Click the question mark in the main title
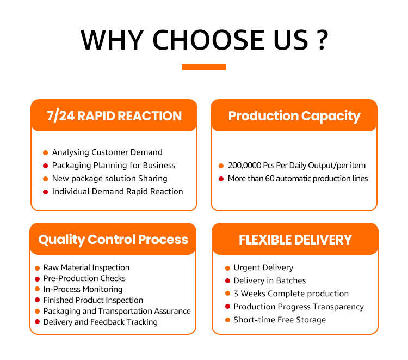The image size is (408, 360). click(x=322, y=40)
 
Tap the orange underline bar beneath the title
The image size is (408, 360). click(x=204, y=67)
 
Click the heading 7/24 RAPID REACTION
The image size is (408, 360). click(x=114, y=116)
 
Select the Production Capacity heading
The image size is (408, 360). click(x=294, y=116)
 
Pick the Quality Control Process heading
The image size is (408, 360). click(x=113, y=240)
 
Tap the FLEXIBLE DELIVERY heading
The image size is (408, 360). click(x=295, y=240)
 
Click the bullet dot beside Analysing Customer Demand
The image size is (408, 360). click(x=45, y=152)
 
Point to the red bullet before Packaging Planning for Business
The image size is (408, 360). click(x=45, y=166)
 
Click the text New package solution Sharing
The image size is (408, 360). click(x=109, y=179)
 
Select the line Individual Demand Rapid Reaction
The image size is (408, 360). click(x=118, y=192)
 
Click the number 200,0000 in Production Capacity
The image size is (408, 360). click(x=244, y=166)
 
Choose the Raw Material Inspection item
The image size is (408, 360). click(x=86, y=267)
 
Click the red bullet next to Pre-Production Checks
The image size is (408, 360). click(x=37, y=279)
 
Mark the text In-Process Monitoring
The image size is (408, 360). click(x=83, y=289)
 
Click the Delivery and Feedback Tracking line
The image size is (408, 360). click(x=100, y=322)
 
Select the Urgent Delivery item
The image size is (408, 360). click(x=263, y=267)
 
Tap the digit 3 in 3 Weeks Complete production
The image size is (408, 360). click(x=236, y=294)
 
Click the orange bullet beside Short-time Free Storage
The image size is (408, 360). click(x=227, y=320)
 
